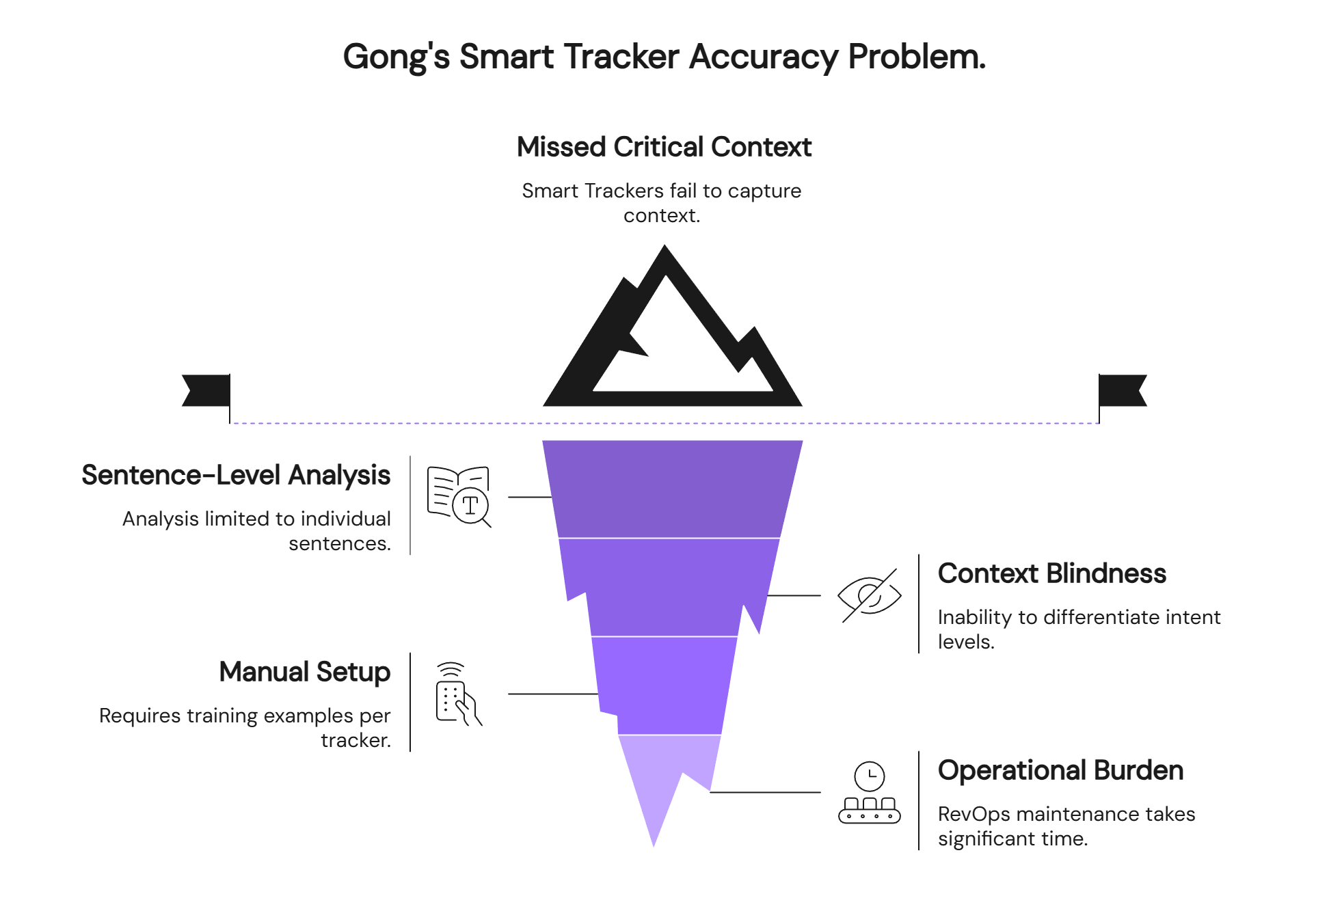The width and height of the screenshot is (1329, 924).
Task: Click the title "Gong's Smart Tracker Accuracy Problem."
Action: (664, 57)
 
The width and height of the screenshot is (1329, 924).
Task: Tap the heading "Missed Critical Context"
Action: (664, 147)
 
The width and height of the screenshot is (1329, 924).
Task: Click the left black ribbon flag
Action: (206, 390)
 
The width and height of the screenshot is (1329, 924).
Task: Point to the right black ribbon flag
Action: (1123, 390)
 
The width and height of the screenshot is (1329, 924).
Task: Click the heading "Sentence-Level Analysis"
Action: (236, 475)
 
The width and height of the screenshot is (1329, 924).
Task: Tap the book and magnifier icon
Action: (459, 497)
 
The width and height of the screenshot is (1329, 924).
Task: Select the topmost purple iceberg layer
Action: (672, 489)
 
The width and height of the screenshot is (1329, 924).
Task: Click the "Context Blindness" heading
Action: (1051, 573)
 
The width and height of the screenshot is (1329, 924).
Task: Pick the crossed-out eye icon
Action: (869, 595)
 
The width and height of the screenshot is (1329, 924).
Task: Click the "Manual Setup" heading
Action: (305, 672)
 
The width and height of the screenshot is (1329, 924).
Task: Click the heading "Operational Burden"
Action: (1060, 770)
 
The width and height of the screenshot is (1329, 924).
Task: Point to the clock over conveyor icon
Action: (869, 792)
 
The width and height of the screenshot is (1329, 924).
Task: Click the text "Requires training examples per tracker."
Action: (245, 728)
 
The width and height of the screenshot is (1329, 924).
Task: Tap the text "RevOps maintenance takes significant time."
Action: (1066, 826)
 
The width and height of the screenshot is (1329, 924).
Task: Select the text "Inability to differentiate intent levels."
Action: (1078, 629)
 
